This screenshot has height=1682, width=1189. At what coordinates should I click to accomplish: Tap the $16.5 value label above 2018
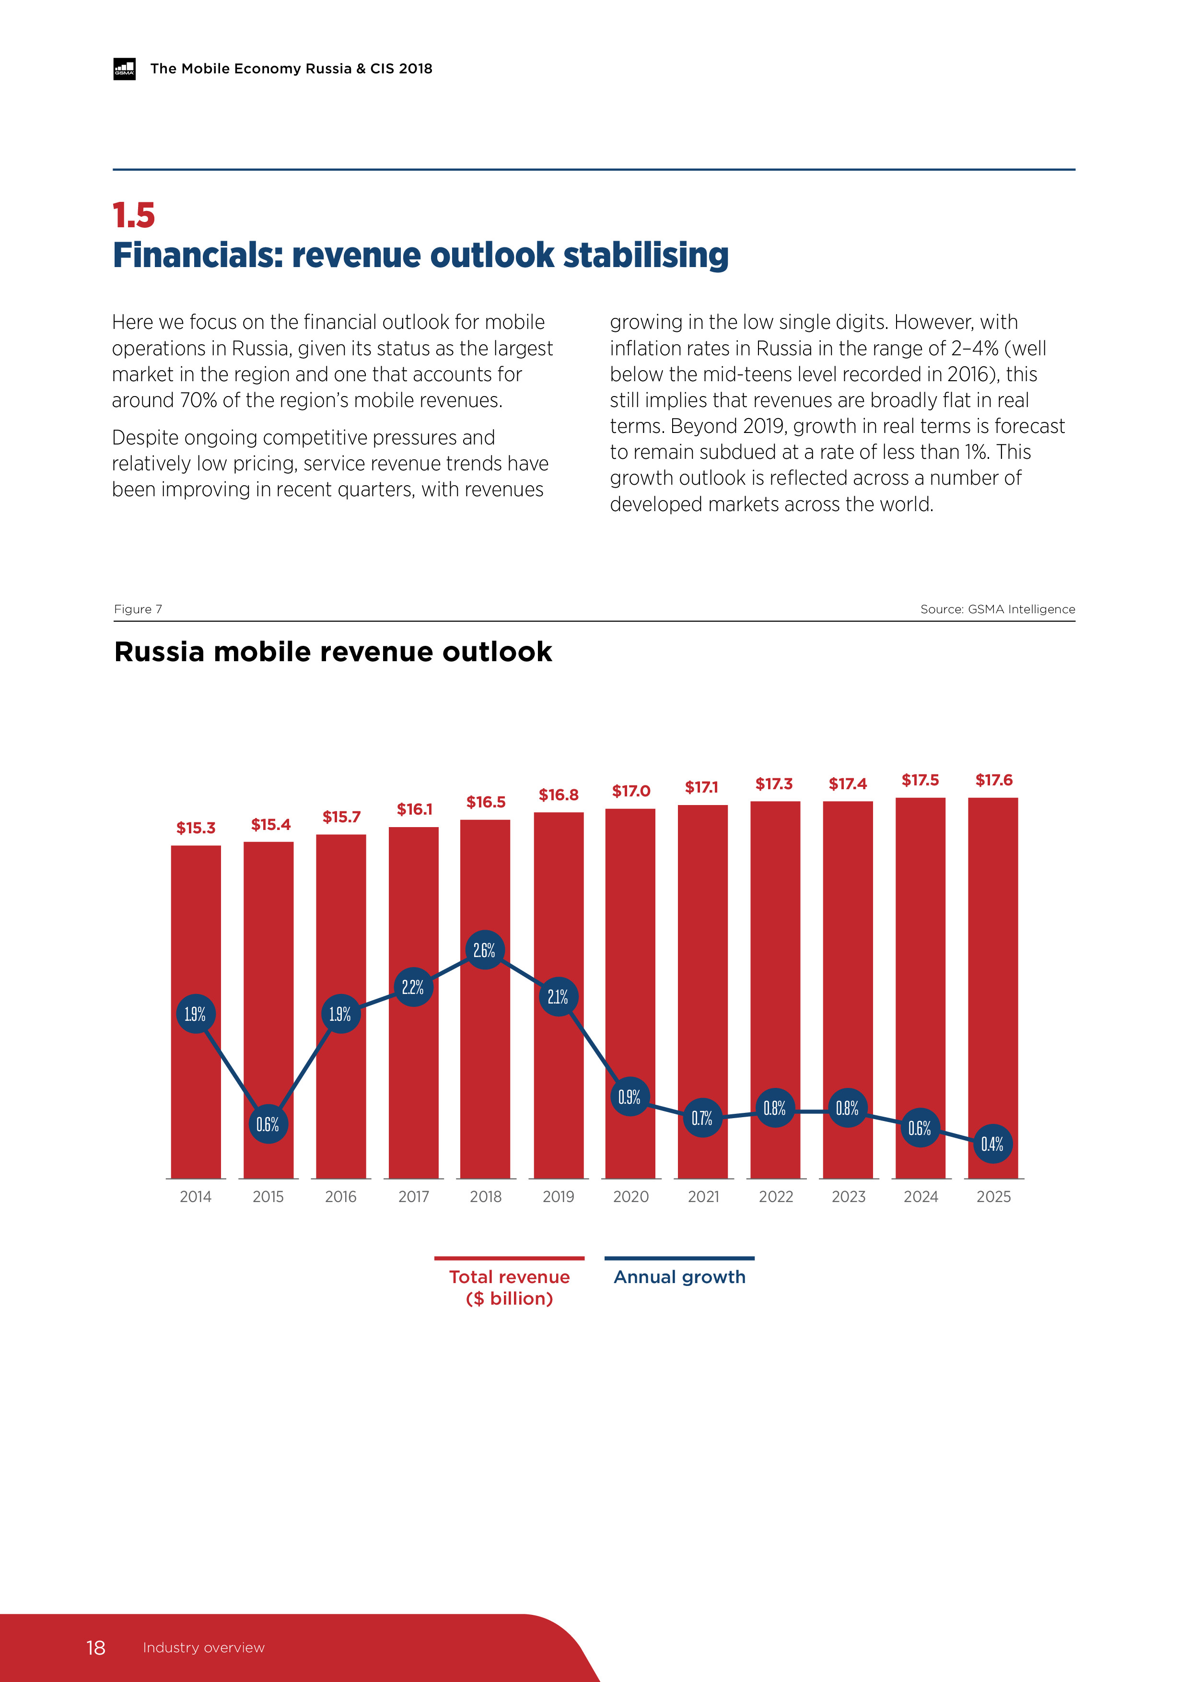tap(486, 802)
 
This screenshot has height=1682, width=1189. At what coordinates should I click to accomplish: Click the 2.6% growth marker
tap(484, 950)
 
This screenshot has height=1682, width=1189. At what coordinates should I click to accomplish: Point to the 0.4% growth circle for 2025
tap(992, 1145)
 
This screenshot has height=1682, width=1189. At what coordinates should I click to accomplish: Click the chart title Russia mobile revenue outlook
tap(333, 652)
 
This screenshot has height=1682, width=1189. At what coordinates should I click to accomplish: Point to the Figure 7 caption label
tap(138, 609)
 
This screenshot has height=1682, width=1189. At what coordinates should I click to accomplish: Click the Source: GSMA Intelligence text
tap(997, 609)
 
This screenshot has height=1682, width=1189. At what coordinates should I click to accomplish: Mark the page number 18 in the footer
tap(96, 1647)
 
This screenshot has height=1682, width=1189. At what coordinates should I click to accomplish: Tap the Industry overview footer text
tap(204, 1647)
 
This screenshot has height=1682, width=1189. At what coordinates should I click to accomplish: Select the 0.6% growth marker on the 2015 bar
tap(268, 1124)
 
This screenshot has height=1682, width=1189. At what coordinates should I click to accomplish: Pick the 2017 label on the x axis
tap(413, 1197)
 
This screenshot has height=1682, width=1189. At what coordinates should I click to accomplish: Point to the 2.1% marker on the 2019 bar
tap(558, 997)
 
